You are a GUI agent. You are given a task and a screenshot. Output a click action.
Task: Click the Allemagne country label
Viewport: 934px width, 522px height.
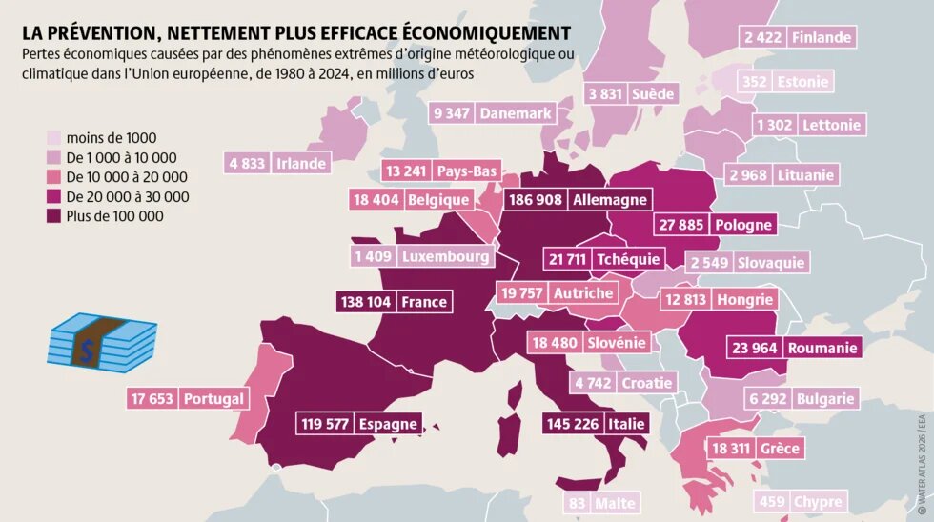610,200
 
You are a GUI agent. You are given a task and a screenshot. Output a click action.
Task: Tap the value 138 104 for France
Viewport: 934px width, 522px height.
366,302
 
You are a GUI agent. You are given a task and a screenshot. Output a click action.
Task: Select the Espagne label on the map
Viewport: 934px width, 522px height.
387,425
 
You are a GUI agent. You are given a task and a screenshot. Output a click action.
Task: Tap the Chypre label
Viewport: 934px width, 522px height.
817,502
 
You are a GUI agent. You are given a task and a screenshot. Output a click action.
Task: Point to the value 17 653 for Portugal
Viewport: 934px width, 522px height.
152,399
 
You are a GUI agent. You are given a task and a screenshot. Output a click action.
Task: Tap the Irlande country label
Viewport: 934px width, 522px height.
301,163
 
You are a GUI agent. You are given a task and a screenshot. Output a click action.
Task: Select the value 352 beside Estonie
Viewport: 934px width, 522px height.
755,82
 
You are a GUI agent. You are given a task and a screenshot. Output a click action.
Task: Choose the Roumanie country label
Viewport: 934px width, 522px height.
822,348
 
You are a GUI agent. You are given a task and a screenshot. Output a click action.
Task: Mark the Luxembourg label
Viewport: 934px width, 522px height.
446,256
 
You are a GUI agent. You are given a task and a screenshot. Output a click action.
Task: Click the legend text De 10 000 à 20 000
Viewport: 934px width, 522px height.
126,177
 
